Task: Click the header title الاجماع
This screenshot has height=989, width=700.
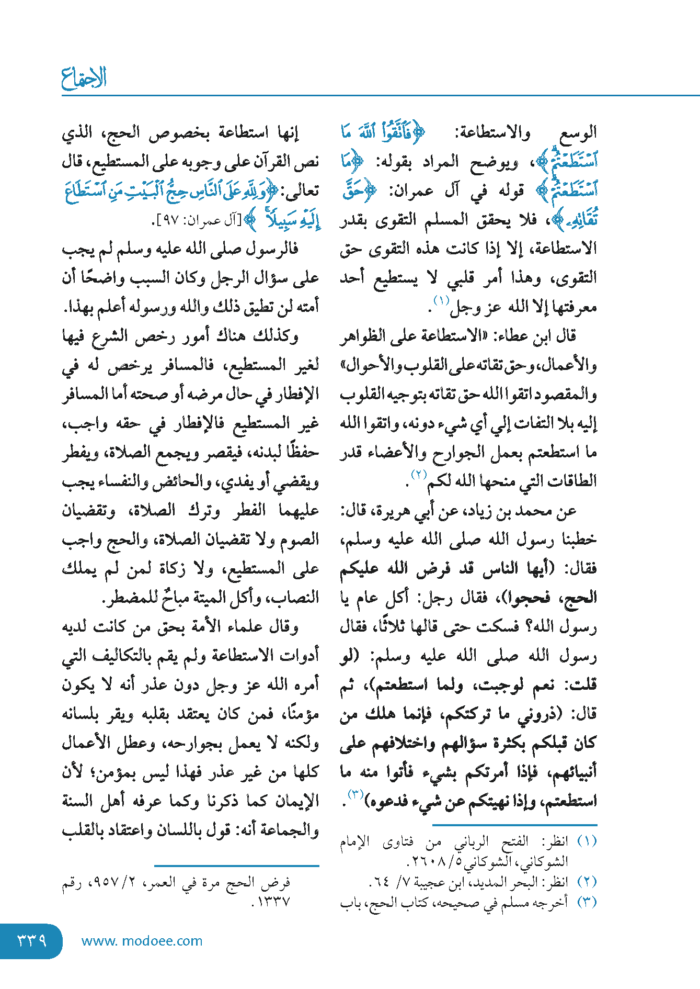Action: [84, 78]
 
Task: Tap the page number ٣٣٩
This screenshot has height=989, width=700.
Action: [32, 940]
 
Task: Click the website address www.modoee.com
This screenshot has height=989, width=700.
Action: [142, 941]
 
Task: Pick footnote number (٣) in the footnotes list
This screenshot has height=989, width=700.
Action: [587, 902]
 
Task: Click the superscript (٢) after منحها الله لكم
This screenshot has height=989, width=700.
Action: [419, 475]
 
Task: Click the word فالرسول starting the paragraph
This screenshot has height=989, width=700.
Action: [271, 249]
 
